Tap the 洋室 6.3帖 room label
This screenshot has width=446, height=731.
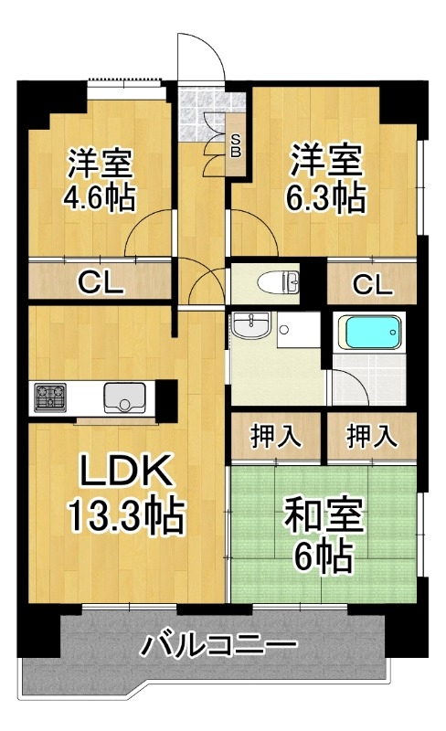tap(326, 178)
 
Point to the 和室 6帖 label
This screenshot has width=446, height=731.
tap(324, 534)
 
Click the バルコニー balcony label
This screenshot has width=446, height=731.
tap(219, 645)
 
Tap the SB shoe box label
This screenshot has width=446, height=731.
tap(236, 145)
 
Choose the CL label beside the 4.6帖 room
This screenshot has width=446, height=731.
tap(101, 282)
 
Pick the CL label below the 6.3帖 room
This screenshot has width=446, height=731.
tap(372, 284)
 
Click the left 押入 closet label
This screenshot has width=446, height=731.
tap(275, 437)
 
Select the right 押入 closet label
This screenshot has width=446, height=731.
tap(372, 437)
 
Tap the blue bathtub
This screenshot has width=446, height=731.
tap(369, 332)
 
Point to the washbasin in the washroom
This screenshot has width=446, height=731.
tap(251, 325)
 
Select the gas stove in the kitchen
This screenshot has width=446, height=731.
tap(50, 397)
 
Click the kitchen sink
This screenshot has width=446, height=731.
tap(123, 397)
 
